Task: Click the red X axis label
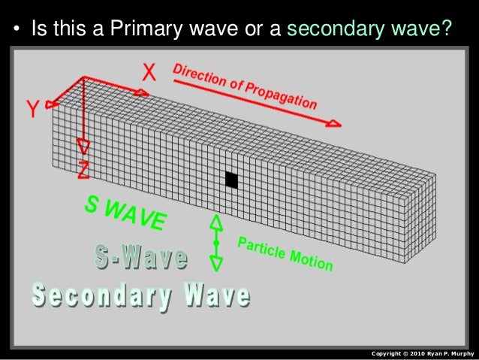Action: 149,71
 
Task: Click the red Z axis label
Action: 83,170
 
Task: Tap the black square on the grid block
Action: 232,180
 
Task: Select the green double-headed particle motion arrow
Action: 216,243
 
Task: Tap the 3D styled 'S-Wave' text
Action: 141,258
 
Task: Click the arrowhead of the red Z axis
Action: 84,147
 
